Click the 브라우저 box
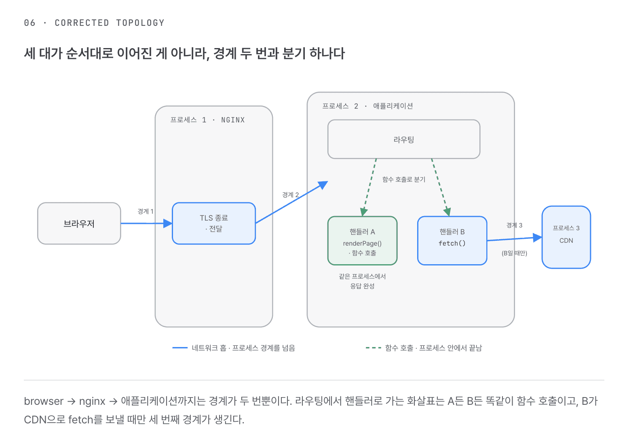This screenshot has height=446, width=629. (79, 223)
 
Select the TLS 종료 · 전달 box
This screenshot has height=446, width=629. (214, 223)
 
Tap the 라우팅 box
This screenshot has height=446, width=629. (404, 139)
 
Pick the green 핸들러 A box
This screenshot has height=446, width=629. (362, 240)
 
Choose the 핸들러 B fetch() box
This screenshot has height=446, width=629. (452, 240)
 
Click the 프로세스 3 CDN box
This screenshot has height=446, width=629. (566, 237)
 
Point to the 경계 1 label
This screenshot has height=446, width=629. (146, 211)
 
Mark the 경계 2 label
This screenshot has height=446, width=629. (290, 195)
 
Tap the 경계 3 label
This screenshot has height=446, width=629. (514, 225)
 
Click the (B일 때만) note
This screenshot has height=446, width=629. (514, 253)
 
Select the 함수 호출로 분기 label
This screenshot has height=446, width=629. (404, 179)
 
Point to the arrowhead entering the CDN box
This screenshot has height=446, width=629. (538, 238)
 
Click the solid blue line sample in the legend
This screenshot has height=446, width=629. (180, 348)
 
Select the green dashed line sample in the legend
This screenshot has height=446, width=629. (374, 348)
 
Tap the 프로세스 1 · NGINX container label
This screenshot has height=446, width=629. (207, 120)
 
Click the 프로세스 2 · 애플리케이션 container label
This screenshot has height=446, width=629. (367, 106)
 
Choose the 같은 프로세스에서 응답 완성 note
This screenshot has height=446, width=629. (362, 281)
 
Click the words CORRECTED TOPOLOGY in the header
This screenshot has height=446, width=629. (110, 23)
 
